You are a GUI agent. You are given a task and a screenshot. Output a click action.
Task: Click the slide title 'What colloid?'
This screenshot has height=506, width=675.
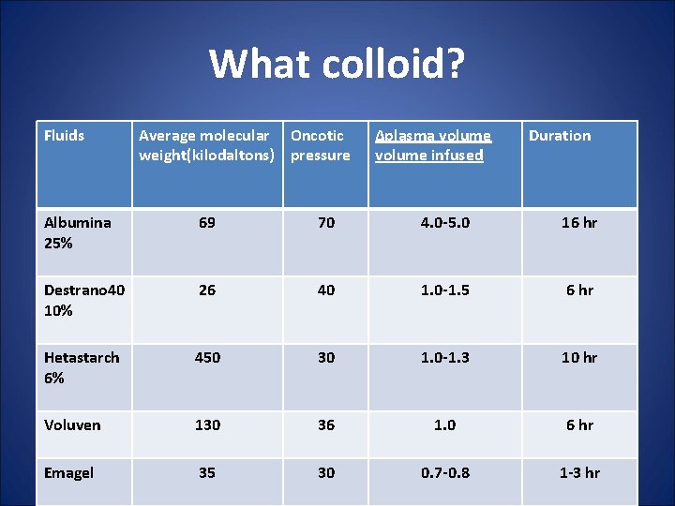tap(337, 64)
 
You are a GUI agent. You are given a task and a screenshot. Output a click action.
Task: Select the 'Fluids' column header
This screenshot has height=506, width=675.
tap(64, 136)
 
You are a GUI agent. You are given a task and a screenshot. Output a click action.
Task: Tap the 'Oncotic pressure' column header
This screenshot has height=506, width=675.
tap(320, 145)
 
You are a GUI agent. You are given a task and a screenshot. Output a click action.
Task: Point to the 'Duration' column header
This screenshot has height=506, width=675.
tap(560, 136)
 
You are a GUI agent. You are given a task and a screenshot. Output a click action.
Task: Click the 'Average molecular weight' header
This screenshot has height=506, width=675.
tap(206, 145)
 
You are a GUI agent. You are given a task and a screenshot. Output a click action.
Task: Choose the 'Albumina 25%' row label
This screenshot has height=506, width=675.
tap(77, 232)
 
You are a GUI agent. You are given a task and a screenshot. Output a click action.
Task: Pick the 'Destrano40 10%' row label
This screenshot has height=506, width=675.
tap(83, 300)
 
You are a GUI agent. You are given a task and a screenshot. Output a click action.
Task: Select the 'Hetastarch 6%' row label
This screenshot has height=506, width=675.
tap(82, 367)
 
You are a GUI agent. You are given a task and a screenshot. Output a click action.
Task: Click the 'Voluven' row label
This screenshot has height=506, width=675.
tap(72, 424)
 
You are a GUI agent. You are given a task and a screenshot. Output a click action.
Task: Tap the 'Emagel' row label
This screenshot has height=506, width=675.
tap(68, 472)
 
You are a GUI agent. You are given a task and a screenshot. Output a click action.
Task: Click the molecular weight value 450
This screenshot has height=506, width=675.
tap(207, 357)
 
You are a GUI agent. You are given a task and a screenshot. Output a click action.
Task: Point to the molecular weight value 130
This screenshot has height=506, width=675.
tap(207, 424)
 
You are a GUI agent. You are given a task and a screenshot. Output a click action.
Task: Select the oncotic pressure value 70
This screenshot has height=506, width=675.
tap(325, 222)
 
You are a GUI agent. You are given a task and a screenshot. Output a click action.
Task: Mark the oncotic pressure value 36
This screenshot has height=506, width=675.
tap(325, 424)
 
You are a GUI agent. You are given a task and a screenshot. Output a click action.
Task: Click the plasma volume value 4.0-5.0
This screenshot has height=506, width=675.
tap(444, 222)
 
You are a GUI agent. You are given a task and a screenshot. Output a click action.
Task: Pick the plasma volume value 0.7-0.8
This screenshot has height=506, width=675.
tap(444, 472)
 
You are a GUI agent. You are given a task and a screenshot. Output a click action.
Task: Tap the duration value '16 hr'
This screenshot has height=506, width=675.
tap(579, 222)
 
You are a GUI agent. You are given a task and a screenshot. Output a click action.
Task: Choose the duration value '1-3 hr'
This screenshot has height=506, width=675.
tap(579, 472)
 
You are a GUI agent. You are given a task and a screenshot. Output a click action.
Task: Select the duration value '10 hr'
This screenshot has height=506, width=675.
tap(579, 357)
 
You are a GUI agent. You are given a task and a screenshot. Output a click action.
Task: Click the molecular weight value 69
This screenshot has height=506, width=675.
tap(207, 222)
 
